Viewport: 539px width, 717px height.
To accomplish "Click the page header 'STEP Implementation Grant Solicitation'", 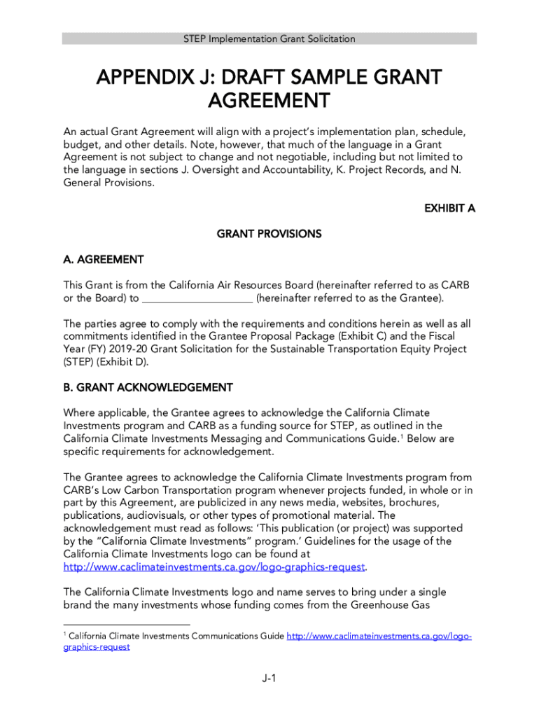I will (x=269, y=39).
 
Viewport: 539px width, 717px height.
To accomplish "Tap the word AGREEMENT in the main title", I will (x=269, y=102).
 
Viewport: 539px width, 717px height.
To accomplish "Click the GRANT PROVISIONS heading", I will (x=269, y=234).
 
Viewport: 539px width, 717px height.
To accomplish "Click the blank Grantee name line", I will (x=197, y=299).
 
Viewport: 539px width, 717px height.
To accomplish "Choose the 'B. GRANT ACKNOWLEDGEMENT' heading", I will (x=148, y=387).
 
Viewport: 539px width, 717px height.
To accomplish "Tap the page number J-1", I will (x=269, y=678).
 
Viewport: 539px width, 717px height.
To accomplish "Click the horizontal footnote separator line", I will (x=127, y=625).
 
